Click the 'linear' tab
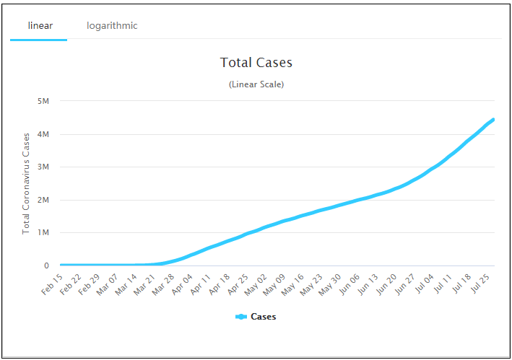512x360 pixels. click(x=40, y=26)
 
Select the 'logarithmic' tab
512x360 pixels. click(x=112, y=26)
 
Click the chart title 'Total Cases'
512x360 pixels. click(x=256, y=63)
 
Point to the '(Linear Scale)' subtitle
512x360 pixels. click(x=256, y=84)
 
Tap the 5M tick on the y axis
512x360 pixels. click(x=42, y=101)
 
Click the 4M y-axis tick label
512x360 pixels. click(x=42, y=134)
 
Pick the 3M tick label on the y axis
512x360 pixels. click(x=42, y=167)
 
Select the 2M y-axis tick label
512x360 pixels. click(x=42, y=200)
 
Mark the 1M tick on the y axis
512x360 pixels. click(x=42, y=232)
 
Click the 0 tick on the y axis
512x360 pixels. click(x=45, y=265)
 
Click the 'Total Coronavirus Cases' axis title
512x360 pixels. click(x=26, y=183)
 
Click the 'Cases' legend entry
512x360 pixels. click(x=256, y=317)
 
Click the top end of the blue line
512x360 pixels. click(x=493, y=120)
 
